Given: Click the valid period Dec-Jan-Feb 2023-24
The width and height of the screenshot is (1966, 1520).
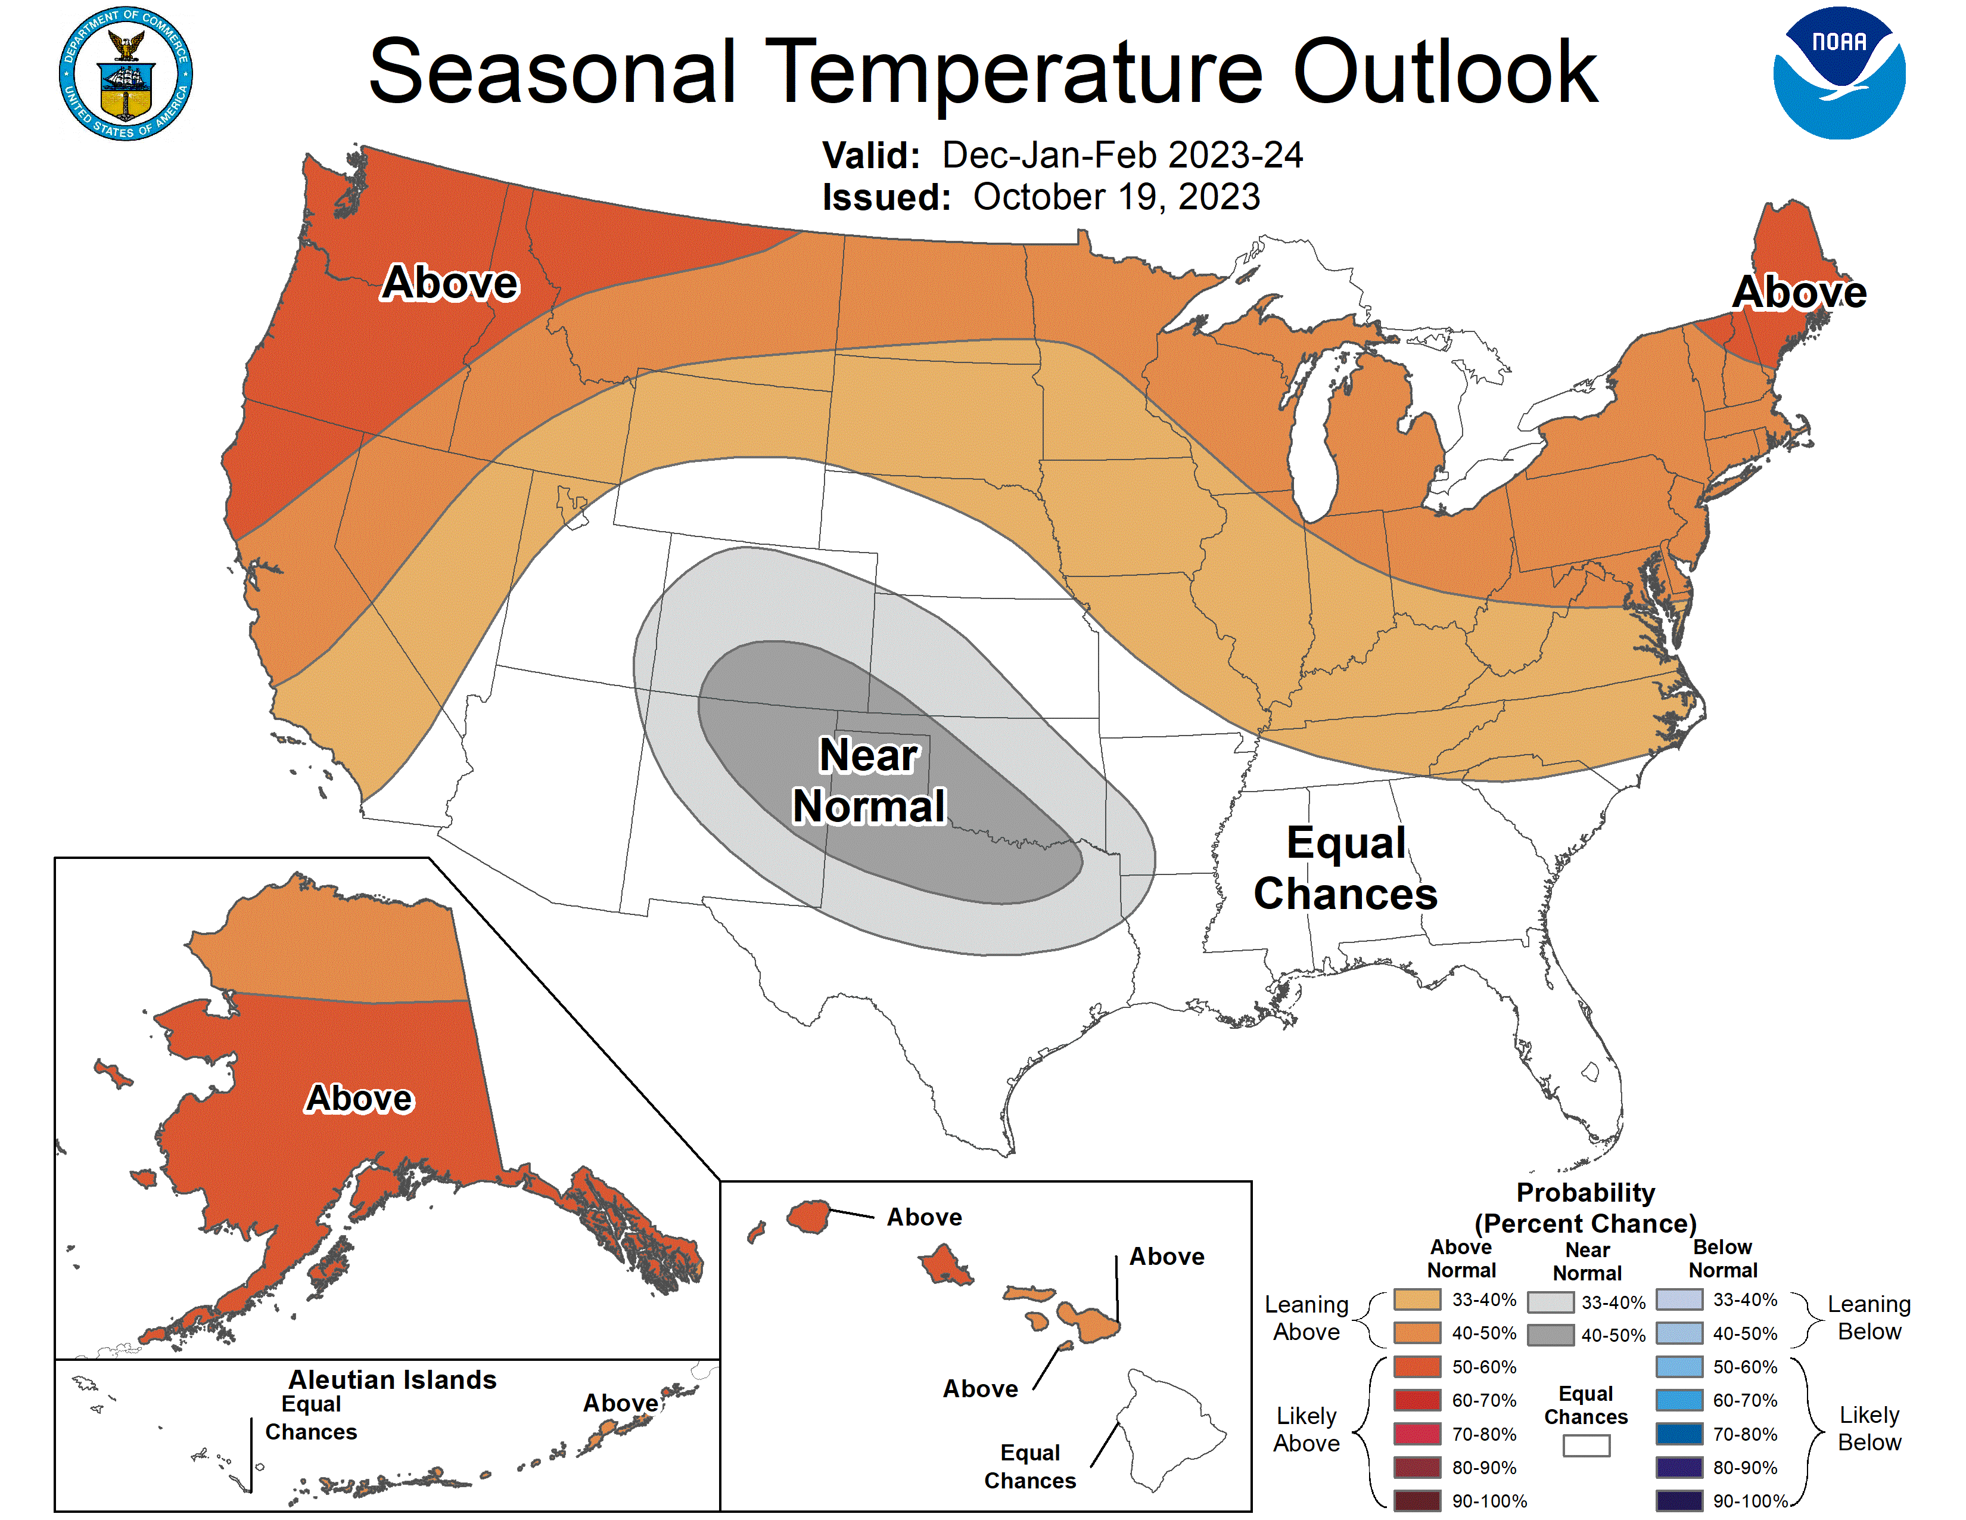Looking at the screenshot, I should pos(1122,155).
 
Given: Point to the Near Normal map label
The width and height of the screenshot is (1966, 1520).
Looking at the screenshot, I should pos(869,780).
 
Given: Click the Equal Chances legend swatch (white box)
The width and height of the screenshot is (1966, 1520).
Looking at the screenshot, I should pos(1586,1445).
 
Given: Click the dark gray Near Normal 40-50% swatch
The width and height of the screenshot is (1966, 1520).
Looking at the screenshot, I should pos(1550,1335).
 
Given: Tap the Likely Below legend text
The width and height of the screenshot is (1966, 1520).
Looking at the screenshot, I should pos(1869,1428).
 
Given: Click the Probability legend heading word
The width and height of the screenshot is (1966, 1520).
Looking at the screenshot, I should pos(1585,1192).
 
